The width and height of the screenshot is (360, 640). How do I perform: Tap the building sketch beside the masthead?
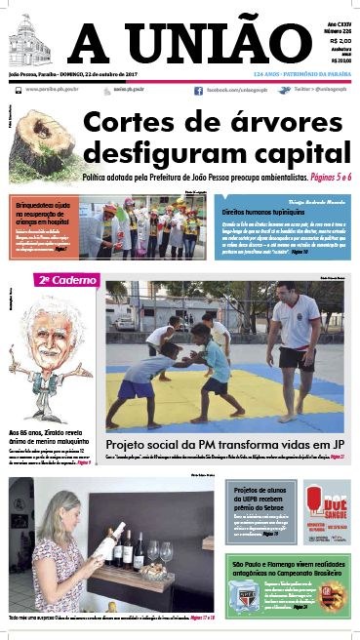33,43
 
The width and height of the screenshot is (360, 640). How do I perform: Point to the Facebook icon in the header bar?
198,90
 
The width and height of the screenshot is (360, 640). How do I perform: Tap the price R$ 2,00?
340,42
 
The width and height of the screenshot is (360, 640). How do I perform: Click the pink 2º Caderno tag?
66,280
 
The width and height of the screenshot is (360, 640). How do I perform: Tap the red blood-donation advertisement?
326,508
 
